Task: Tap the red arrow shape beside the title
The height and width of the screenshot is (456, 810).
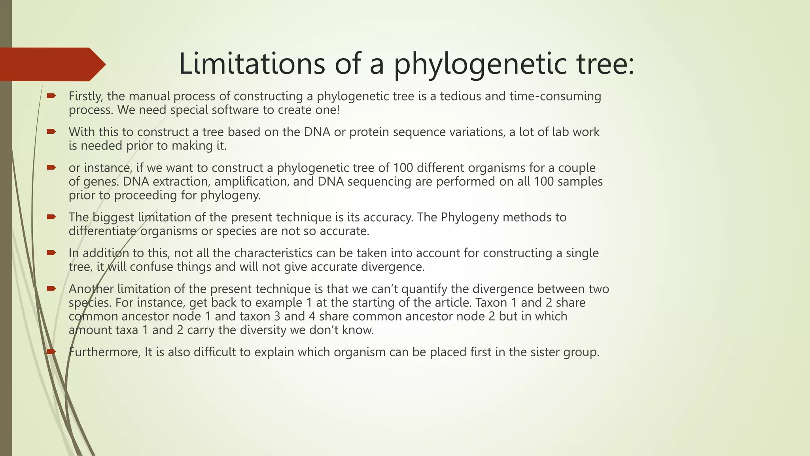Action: (51, 64)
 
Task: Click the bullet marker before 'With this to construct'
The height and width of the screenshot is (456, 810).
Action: (51, 131)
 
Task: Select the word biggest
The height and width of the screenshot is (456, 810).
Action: (114, 217)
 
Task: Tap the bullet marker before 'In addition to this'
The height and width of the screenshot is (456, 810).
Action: (51, 253)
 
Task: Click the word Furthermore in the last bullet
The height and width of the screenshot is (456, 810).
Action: (104, 352)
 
